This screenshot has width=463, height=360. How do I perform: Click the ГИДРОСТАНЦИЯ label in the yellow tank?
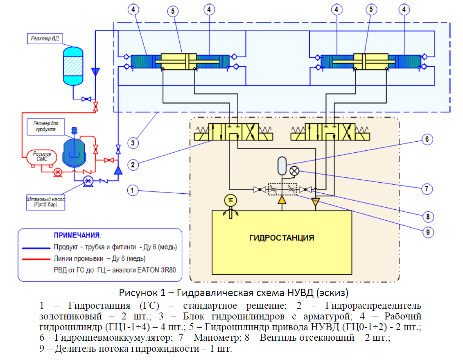(282, 238)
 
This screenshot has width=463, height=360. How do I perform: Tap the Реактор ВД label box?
(45, 38)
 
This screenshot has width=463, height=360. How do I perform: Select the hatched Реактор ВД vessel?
(73, 66)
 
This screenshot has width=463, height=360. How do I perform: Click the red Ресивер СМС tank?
(42, 157)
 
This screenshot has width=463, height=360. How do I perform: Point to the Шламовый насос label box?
(45, 202)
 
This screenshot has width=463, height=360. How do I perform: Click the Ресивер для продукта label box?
(46, 127)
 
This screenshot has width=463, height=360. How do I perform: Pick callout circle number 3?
(133, 143)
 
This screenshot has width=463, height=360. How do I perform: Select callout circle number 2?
(133, 165)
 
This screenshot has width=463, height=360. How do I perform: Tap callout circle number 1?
(133, 190)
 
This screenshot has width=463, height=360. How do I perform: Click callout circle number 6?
(427, 139)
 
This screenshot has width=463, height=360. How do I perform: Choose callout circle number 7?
(427, 189)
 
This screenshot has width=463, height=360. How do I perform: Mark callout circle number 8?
(428, 217)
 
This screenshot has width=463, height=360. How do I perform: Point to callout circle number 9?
(428, 232)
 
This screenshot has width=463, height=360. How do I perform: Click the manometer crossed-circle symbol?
(294, 171)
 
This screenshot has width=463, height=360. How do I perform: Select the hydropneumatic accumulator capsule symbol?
(282, 166)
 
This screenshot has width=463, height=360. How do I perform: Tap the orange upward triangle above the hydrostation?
(282, 200)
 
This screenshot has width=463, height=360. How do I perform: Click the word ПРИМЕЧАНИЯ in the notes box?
(77, 235)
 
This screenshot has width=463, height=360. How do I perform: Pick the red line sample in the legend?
(36, 259)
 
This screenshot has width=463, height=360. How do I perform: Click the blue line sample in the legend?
(36, 248)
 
